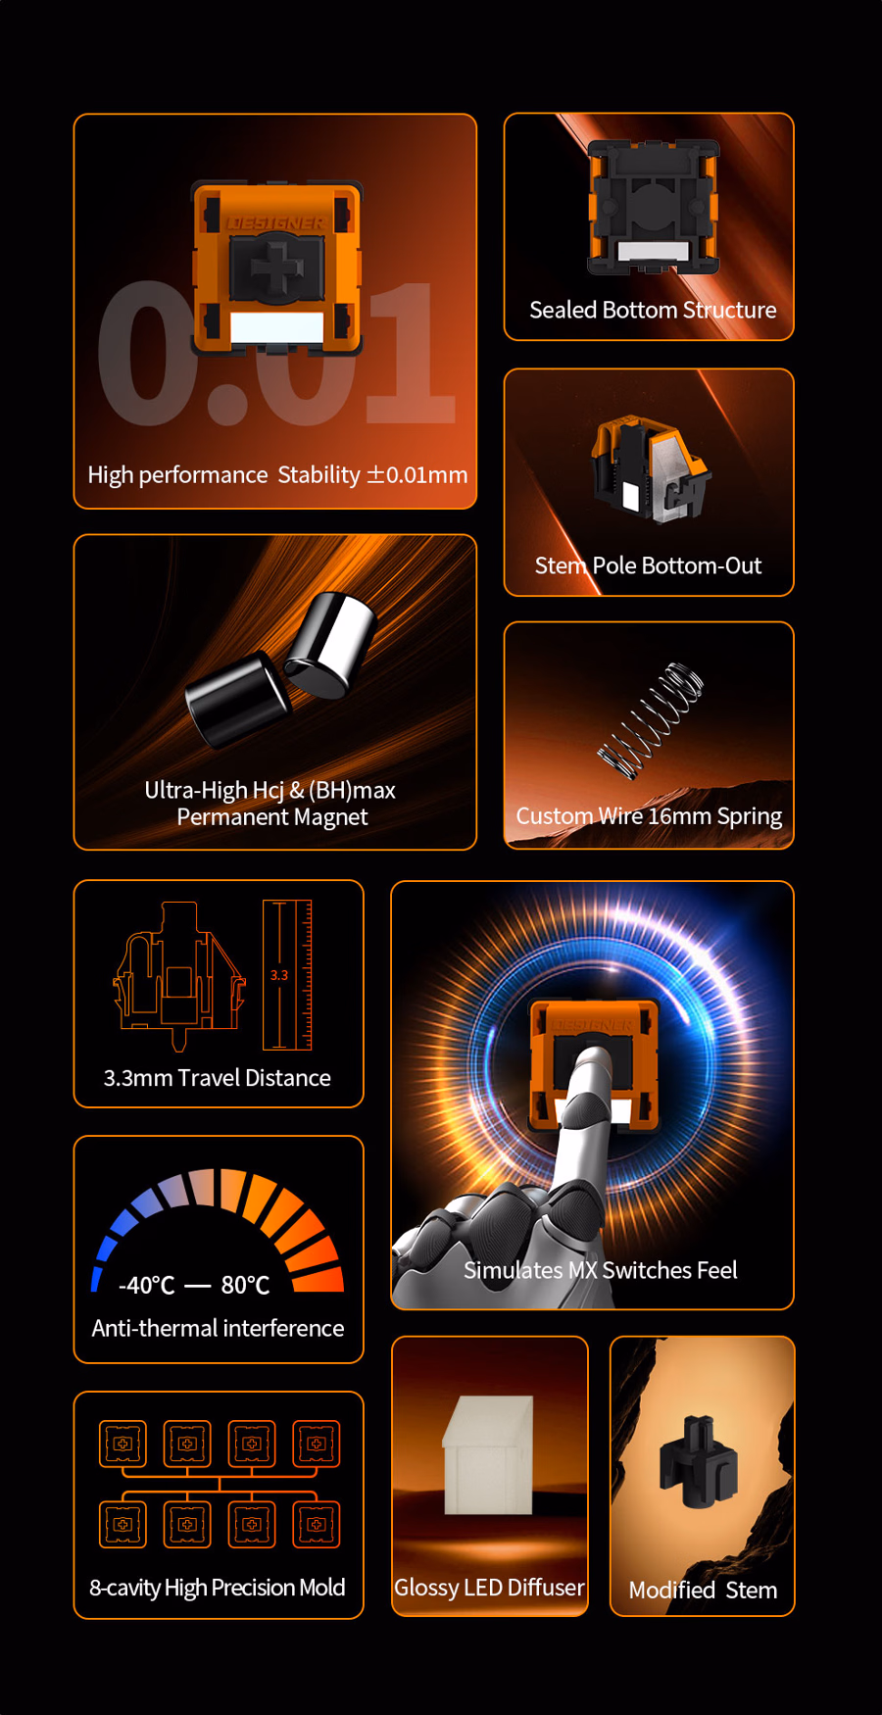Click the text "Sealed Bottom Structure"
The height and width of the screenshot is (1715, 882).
click(x=653, y=310)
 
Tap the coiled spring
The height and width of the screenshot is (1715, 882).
click(x=651, y=720)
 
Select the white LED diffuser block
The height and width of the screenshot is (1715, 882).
click(x=488, y=1455)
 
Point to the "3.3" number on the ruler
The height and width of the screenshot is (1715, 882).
click(x=279, y=975)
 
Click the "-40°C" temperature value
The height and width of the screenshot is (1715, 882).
click(x=146, y=1285)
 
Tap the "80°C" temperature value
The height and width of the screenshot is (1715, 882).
click(x=245, y=1285)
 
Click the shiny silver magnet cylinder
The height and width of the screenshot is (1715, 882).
click(x=331, y=645)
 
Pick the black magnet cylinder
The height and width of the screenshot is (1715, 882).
click(x=237, y=699)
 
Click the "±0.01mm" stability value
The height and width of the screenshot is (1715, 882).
click(x=416, y=474)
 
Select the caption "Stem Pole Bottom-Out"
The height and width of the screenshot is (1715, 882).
click(x=648, y=565)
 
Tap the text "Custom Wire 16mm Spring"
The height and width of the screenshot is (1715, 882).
click(x=649, y=816)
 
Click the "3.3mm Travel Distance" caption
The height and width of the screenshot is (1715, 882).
click(x=218, y=1078)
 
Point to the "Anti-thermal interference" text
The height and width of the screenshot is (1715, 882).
click(x=218, y=1328)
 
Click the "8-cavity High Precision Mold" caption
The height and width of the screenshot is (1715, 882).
click(x=218, y=1588)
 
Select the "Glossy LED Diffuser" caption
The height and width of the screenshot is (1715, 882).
click(x=489, y=1588)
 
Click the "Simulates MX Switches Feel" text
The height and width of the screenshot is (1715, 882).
click(x=600, y=1270)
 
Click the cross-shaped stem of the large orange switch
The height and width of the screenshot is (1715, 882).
click(x=277, y=269)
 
